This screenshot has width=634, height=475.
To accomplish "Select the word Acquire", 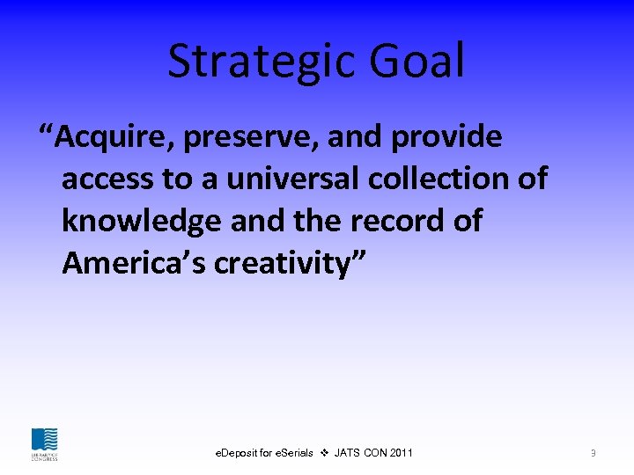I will coord(115,138).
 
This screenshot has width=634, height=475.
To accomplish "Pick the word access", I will coord(107,179).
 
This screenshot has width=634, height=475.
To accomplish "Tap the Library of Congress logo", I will coord(44,443).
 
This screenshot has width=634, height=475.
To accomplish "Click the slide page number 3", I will coord(593,453).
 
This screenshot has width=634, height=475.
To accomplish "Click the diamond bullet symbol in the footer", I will coord(324,453).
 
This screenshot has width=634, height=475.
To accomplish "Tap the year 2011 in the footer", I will coord(401,453).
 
